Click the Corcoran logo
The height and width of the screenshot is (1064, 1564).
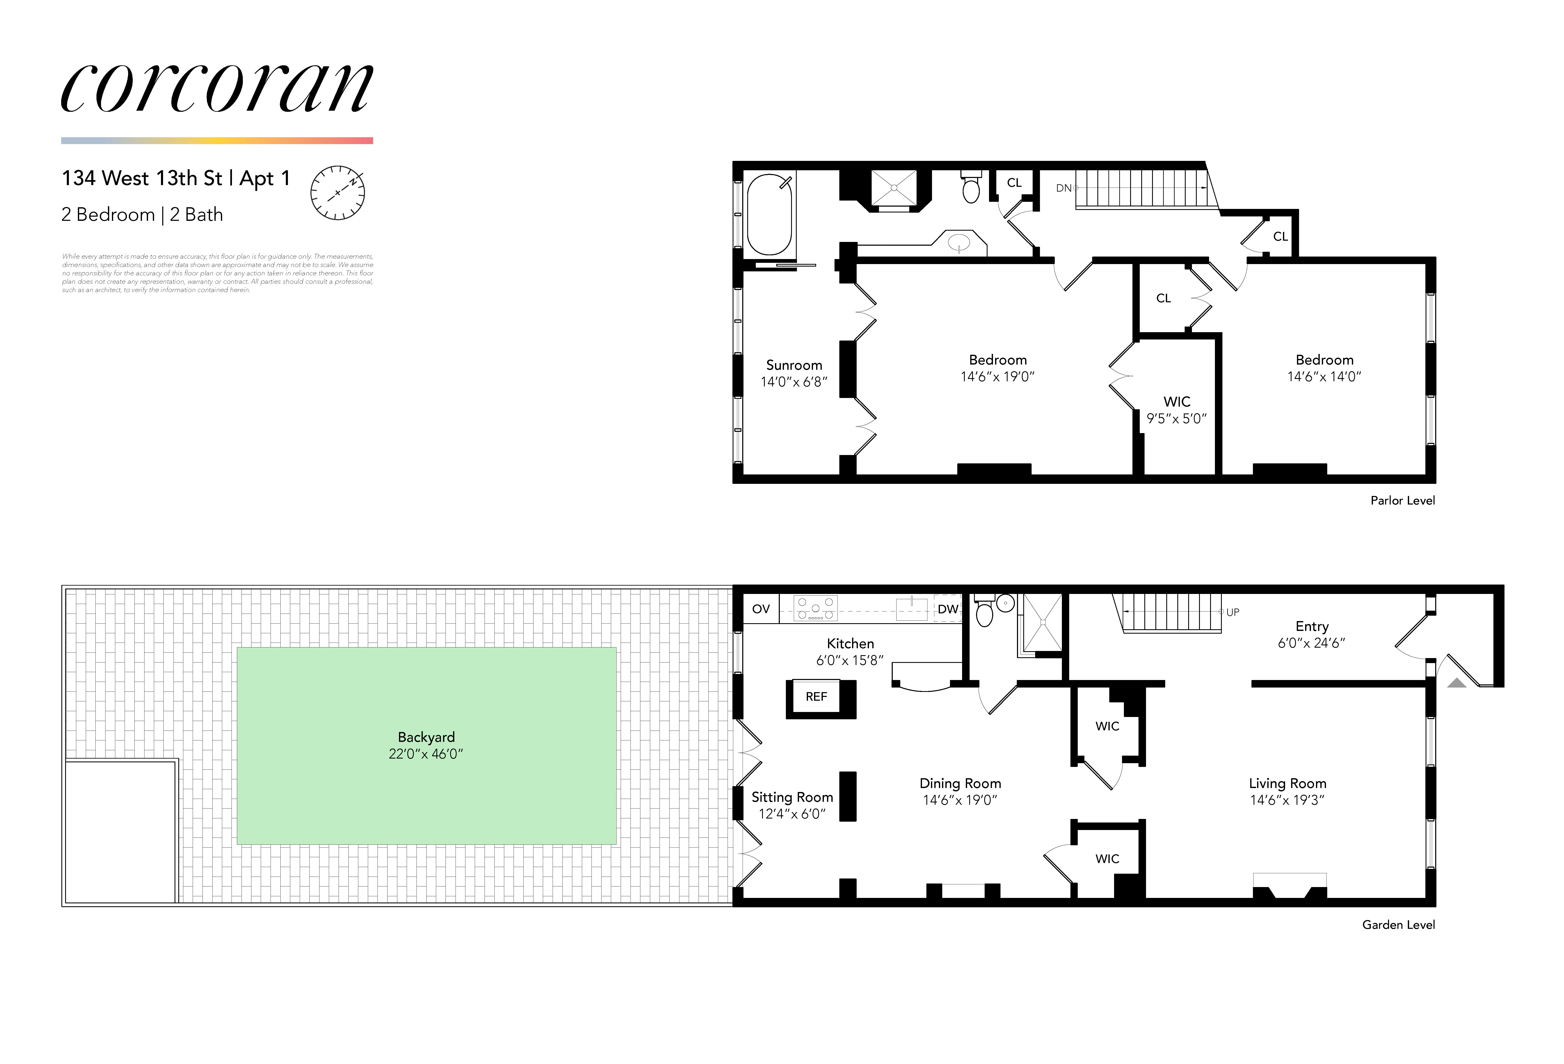click(217, 89)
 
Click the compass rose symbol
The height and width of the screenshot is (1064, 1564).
click(337, 193)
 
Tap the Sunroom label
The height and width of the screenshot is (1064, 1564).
click(794, 365)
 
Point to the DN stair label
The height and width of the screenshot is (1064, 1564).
click(1063, 188)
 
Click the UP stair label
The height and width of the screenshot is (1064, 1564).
click(1232, 612)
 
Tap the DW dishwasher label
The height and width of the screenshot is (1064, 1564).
click(947, 609)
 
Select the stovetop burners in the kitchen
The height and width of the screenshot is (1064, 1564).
click(816, 608)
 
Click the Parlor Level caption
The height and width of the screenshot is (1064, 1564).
click(1402, 500)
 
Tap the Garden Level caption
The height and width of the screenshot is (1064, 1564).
click(1398, 925)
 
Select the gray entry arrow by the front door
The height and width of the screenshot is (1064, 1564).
click(1456, 683)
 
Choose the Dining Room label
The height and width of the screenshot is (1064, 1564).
click(960, 783)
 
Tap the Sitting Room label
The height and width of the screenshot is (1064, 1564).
click(792, 797)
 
